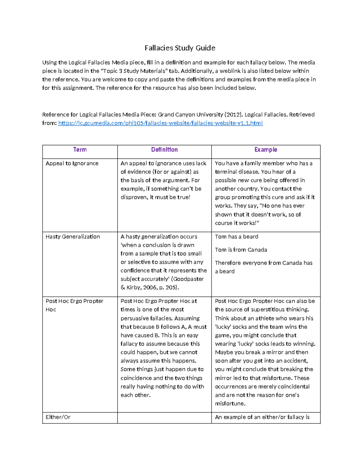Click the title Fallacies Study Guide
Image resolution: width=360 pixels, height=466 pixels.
point(180,48)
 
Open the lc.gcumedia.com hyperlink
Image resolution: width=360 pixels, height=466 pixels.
point(160,123)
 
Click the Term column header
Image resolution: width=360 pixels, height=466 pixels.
point(80,149)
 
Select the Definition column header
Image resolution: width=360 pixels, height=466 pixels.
point(164,149)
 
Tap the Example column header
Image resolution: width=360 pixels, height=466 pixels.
point(265,149)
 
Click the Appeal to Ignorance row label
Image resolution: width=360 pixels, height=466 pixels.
point(72,163)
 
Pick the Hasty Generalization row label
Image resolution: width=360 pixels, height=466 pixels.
point(73,236)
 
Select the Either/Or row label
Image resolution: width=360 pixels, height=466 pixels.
point(58,417)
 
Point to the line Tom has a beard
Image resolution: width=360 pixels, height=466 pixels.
point(236,236)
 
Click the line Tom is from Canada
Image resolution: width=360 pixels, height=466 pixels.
point(241,250)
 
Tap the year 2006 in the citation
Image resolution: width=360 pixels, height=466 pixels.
point(150,287)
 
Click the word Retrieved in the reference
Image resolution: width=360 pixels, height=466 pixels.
point(301,115)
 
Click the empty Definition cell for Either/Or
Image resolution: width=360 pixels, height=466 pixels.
point(164,417)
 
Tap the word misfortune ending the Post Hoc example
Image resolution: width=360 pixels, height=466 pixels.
point(230,404)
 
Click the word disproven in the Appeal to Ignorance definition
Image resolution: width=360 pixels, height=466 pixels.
point(133,197)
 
